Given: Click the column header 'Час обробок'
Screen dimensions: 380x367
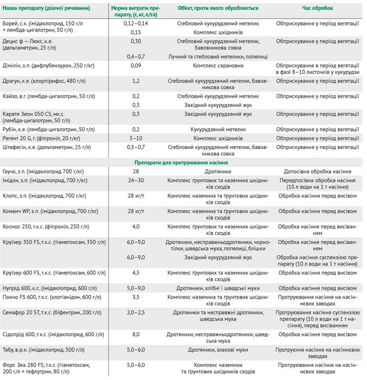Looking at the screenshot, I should point(318,8).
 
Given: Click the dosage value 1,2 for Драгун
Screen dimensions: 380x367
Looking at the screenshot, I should point(136,81).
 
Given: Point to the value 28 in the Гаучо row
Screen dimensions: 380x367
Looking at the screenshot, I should point(136,171).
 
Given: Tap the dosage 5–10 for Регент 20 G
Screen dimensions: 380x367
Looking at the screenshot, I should point(136,138).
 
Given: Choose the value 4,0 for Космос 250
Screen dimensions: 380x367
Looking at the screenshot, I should point(136,226).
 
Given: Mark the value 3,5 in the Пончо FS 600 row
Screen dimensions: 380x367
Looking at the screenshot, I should point(136,297).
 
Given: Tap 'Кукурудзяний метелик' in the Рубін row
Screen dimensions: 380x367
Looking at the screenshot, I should point(218,129).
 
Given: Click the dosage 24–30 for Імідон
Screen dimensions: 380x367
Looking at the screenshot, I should point(136,180).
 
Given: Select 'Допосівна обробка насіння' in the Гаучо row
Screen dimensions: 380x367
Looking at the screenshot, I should point(318,171).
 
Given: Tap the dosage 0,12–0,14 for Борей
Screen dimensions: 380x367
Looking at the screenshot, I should point(136,23).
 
